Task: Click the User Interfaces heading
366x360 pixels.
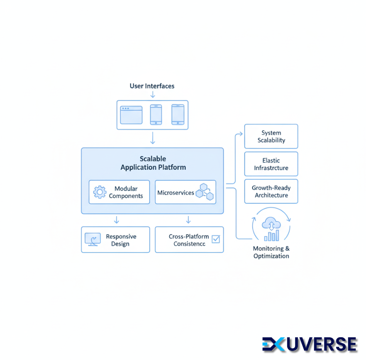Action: coord(152,86)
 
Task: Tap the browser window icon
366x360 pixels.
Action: coord(131,114)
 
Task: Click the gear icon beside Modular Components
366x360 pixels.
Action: coord(100,192)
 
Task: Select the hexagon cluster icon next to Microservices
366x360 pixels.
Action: coord(205,192)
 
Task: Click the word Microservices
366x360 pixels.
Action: coord(176,193)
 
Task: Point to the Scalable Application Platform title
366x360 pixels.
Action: coord(153,163)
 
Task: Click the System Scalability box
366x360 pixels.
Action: coord(271,136)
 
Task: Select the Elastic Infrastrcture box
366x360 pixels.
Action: coord(271,164)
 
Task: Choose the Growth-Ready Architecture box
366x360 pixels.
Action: coord(271,192)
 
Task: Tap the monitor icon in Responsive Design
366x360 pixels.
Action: coord(92,240)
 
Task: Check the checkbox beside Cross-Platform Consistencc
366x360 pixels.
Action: coord(216,239)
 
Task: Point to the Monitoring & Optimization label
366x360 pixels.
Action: coord(271,252)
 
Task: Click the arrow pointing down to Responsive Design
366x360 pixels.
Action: coord(117,219)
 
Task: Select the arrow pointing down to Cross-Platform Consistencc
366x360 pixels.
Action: coord(188,219)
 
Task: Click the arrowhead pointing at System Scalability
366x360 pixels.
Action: coord(240,134)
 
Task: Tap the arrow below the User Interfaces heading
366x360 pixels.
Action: coord(153,95)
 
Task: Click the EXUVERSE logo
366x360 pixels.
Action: coord(309,344)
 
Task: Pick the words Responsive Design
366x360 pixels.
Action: coord(121,240)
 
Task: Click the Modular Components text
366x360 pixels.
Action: coord(126,192)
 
